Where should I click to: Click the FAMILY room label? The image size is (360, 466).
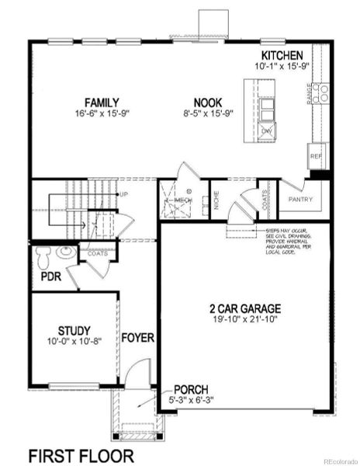(102, 103)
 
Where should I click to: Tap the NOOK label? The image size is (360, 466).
(209, 103)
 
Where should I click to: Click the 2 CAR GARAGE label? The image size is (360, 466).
(244, 308)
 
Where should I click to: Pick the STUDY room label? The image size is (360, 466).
(74, 329)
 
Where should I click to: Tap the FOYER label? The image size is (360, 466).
(138, 339)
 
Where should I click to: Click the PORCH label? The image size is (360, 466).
(190, 389)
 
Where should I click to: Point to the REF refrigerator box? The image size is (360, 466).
(316, 155)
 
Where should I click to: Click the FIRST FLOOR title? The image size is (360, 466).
(81, 454)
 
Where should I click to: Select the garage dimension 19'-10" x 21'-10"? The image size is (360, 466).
(244, 319)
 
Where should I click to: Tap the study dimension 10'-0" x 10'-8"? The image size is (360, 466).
(74, 341)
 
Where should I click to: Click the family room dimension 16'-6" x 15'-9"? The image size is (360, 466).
(102, 114)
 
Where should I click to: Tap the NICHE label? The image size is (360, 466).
(216, 203)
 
